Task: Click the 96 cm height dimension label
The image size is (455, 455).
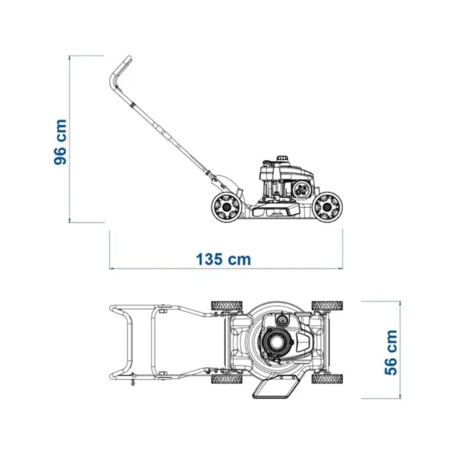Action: [x=61, y=142]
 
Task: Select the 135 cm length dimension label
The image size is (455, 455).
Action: [x=224, y=259]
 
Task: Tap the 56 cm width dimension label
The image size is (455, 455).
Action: [x=391, y=353]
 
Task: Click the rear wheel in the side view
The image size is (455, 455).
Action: [x=226, y=206]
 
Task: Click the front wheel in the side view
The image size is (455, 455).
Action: [x=328, y=206]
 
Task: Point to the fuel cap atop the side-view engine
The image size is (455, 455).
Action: [x=282, y=158]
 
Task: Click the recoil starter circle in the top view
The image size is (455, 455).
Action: [x=275, y=344]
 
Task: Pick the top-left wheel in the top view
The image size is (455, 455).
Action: [x=227, y=306]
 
